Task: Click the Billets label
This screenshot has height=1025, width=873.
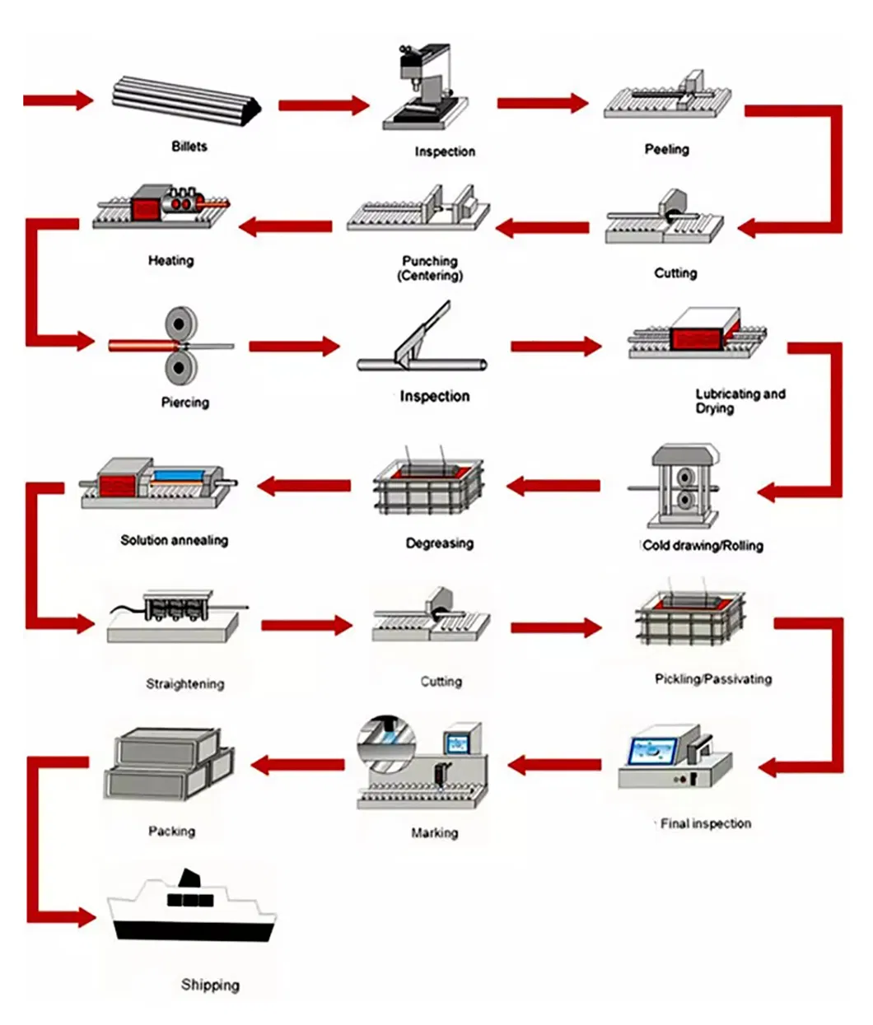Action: coord(189,147)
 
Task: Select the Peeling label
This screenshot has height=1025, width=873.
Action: coord(666,149)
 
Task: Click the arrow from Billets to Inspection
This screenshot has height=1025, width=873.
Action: coord(324,105)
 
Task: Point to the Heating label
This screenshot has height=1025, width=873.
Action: coord(170,260)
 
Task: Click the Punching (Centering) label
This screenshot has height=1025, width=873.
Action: coord(430,268)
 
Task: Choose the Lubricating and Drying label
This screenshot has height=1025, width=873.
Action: coord(740,401)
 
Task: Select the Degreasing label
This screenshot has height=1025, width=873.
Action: coord(439,543)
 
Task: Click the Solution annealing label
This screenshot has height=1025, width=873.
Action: coord(174,540)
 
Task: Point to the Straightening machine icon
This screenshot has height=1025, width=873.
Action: coord(173,616)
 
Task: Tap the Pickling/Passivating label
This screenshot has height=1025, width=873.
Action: coord(713,679)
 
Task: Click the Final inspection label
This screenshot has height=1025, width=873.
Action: coord(706,823)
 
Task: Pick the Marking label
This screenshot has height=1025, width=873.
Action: coord(434,833)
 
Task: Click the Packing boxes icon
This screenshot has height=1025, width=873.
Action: coord(169,763)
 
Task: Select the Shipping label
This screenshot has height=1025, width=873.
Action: coord(210,985)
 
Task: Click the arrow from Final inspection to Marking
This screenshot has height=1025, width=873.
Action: coord(554,766)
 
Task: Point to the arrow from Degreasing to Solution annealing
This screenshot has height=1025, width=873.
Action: coord(304,486)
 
